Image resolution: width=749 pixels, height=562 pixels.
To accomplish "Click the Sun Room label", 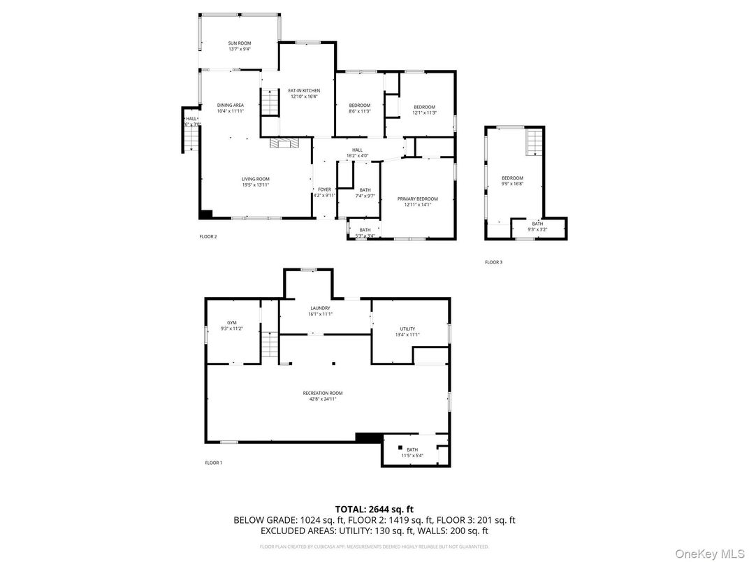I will [x=239, y=43].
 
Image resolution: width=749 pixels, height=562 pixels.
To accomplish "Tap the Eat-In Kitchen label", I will [x=304, y=90].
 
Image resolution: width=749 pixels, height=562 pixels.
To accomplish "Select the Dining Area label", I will [x=230, y=105].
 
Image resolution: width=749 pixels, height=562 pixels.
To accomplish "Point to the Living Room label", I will [x=255, y=178].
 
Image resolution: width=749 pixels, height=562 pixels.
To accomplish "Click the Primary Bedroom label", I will [x=417, y=199].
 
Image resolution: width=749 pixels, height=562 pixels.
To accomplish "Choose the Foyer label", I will [x=324, y=189].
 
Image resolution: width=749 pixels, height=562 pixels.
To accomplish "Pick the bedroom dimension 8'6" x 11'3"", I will [x=360, y=111].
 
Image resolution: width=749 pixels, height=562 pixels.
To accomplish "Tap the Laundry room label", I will [x=320, y=308].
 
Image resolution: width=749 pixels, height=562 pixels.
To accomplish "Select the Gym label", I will [x=231, y=322].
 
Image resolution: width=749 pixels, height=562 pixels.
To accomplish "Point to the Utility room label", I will [x=407, y=329].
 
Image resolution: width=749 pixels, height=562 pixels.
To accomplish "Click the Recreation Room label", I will [x=323, y=393].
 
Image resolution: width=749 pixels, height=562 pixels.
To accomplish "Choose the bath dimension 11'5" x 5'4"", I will [x=412, y=455].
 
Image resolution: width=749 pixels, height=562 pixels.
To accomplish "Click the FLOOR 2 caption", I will [x=208, y=236].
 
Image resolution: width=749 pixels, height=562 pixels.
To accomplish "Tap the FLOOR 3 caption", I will [x=493, y=262].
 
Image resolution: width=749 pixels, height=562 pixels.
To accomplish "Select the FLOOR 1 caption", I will [x=213, y=463].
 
